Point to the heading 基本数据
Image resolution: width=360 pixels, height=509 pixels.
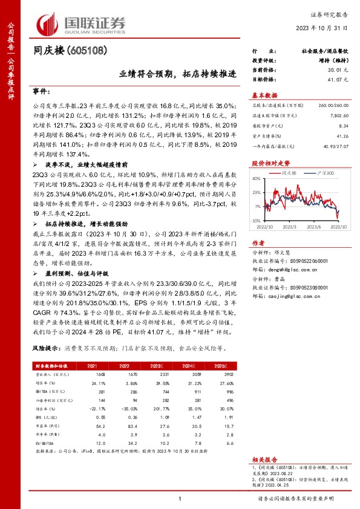pos(265,95)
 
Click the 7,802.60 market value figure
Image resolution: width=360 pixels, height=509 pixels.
pos(339,114)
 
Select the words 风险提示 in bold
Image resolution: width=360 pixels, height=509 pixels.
pos(45,349)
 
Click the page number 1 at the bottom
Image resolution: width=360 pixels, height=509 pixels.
pos(180,498)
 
